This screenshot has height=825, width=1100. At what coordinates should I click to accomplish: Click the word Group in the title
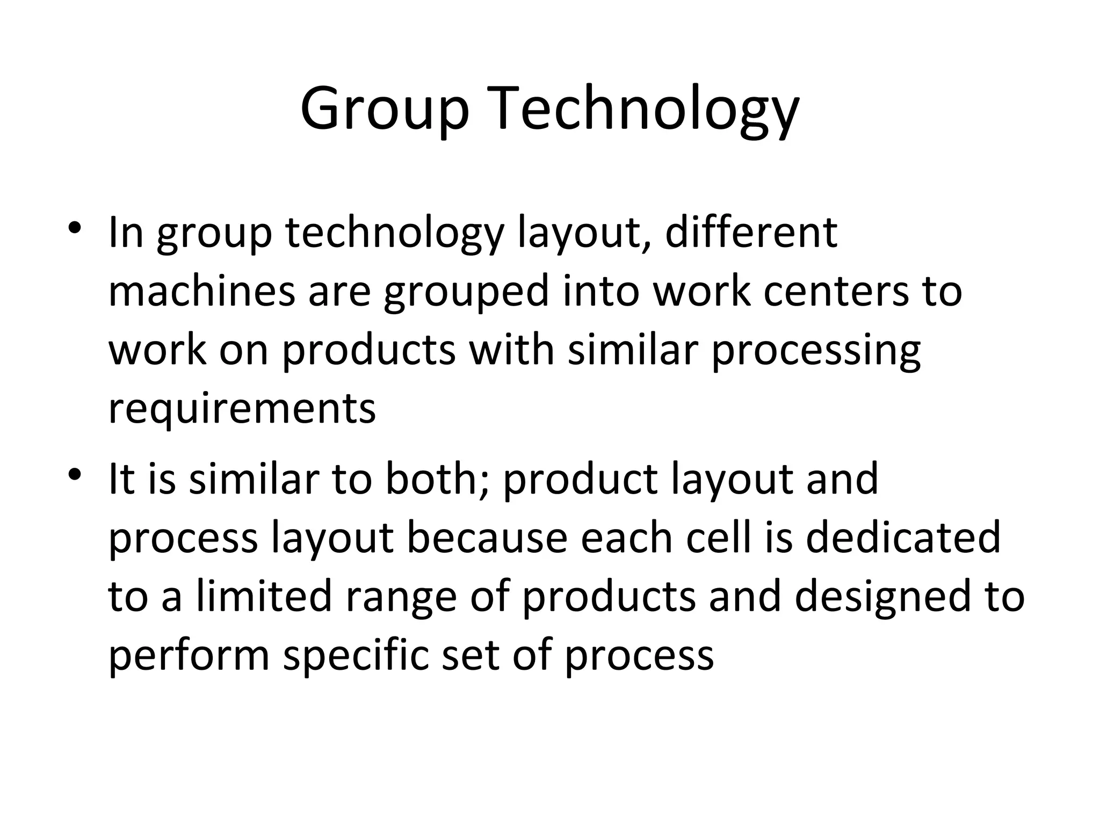click(384, 110)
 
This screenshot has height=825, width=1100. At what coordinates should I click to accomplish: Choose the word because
click(487, 537)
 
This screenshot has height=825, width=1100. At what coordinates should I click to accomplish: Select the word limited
click(264, 596)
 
